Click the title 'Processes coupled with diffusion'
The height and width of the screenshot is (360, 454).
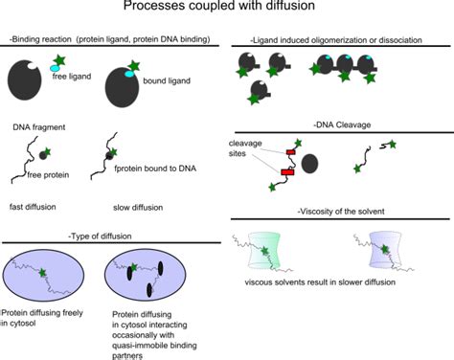(226, 10)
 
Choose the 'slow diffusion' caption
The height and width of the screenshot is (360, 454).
(125, 206)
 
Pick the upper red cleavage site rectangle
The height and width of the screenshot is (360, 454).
(291, 151)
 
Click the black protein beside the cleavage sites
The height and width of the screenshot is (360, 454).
(311, 163)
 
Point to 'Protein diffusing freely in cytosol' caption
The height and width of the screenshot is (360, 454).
(46, 322)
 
